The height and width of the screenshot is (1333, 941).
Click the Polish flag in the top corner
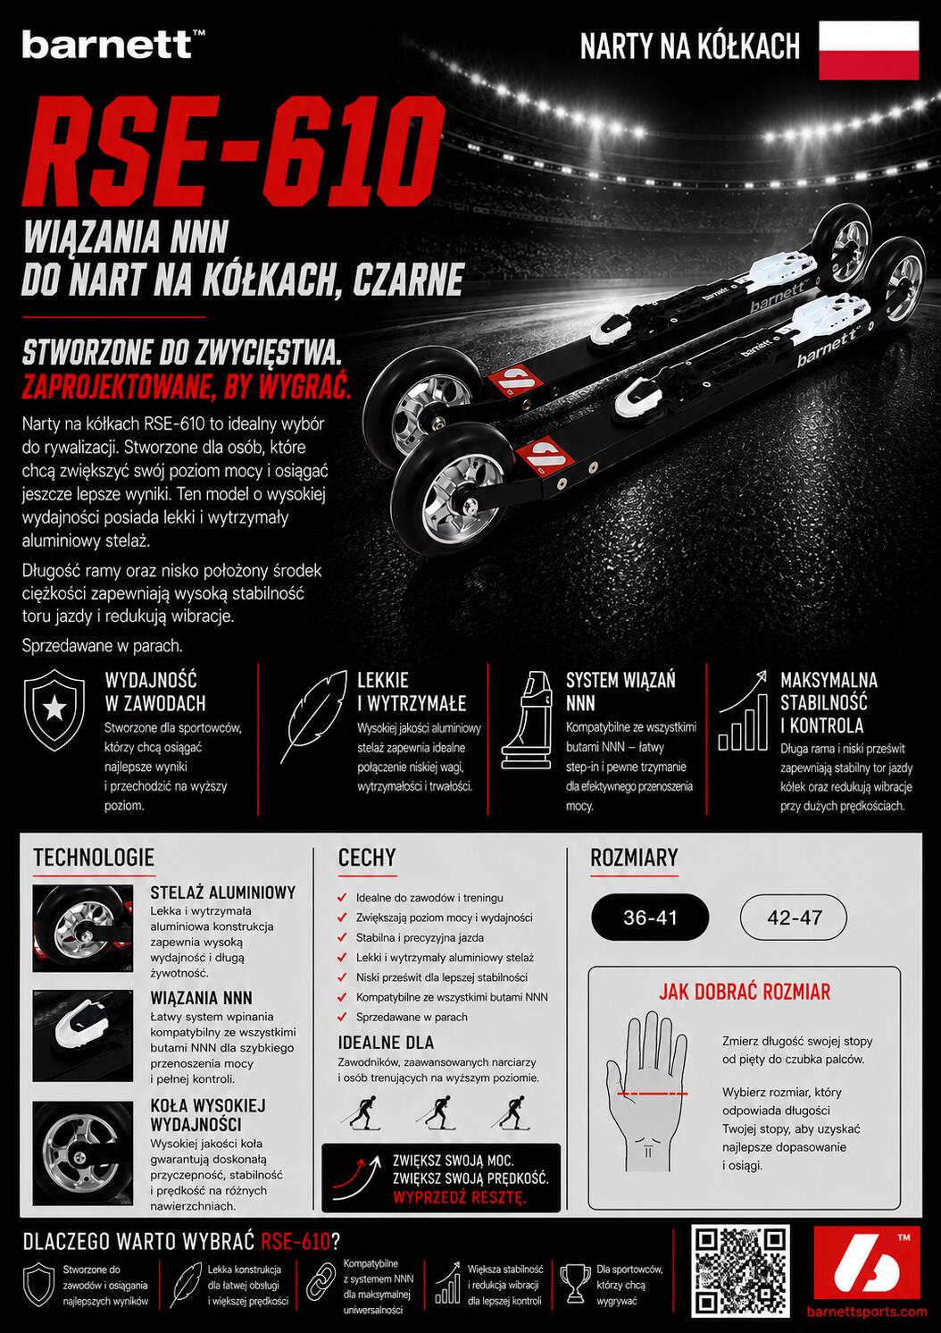[x=869, y=50]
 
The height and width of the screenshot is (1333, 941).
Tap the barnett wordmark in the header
[x=107, y=45]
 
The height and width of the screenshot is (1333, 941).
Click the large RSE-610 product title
[x=233, y=152]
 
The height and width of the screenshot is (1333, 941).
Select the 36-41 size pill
[x=650, y=917]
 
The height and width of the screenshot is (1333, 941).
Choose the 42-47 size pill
[x=794, y=917]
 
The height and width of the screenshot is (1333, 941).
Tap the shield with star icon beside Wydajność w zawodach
[x=54, y=710]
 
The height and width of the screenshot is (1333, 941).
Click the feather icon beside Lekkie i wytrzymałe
[x=314, y=716]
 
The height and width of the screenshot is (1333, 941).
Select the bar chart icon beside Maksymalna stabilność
[x=743, y=711]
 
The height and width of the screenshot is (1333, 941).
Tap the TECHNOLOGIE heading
[x=94, y=858]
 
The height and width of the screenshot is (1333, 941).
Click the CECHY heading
[x=367, y=858]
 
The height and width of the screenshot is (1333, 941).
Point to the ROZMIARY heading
[x=634, y=858]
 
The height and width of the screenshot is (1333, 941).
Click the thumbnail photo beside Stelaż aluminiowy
[x=83, y=929]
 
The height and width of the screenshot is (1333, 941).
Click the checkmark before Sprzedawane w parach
[x=342, y=1017]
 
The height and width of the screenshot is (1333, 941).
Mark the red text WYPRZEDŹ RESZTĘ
[x=460, y=1197]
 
